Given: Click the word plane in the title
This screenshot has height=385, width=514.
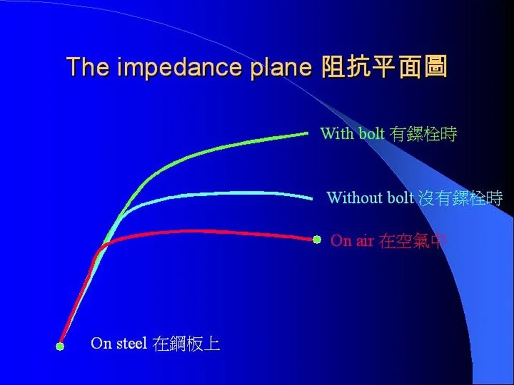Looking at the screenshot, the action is click(x=281, y=68).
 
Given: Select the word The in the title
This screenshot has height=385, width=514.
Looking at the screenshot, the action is click(x=88, y=66).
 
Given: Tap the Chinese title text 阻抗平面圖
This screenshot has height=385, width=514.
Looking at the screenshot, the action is click(x=384, y=67).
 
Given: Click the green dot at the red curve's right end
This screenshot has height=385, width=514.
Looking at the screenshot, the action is click(x=316, y=240).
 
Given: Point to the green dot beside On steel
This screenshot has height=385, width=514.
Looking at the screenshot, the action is click(x=60, y=346).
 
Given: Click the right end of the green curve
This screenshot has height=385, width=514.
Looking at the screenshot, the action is click(x=308, y=133).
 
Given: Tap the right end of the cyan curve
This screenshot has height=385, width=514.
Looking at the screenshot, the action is click(x=312, y=198).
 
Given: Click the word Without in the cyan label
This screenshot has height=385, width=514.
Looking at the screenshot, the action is click(x=354, y=197).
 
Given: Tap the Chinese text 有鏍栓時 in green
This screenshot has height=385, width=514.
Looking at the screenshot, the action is click(x=423, y=134).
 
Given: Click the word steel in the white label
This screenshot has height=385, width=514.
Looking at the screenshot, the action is click(x=132, y=343).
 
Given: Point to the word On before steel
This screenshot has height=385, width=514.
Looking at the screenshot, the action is click(x=102, y=343).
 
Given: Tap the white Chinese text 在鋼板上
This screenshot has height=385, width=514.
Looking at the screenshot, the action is click(x=186, y=344).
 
